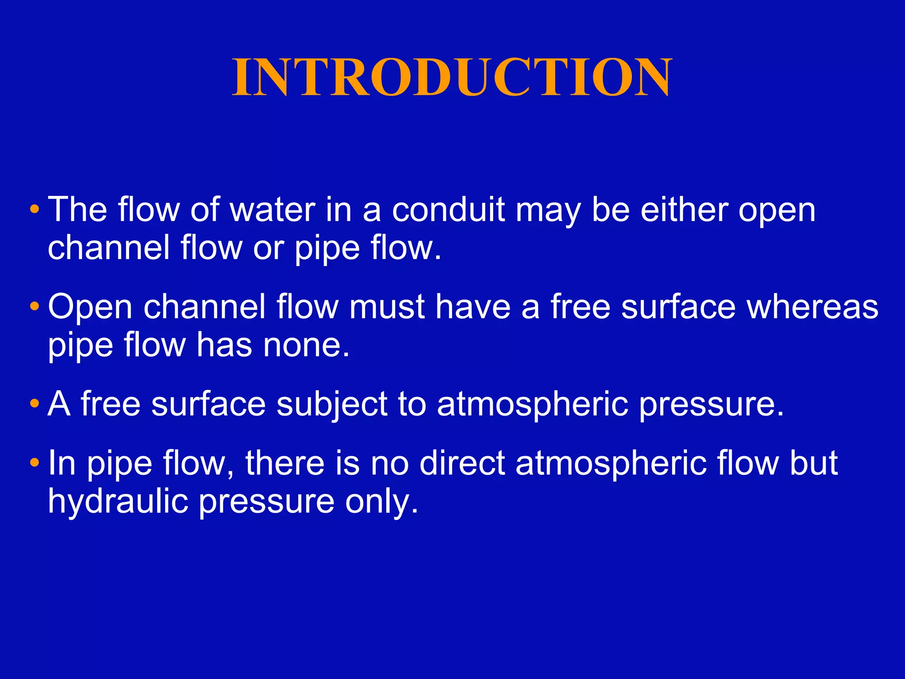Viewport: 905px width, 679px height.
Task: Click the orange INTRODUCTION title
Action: [452, 77]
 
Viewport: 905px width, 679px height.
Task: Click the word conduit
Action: [448, 210]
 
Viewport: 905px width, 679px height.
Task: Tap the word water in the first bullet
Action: [273, 210]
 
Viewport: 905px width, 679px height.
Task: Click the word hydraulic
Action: [118, 501]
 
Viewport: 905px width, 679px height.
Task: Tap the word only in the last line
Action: [381, 502]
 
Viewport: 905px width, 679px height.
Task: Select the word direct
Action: [462, 463]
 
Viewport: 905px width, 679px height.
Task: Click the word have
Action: [473, 307]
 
